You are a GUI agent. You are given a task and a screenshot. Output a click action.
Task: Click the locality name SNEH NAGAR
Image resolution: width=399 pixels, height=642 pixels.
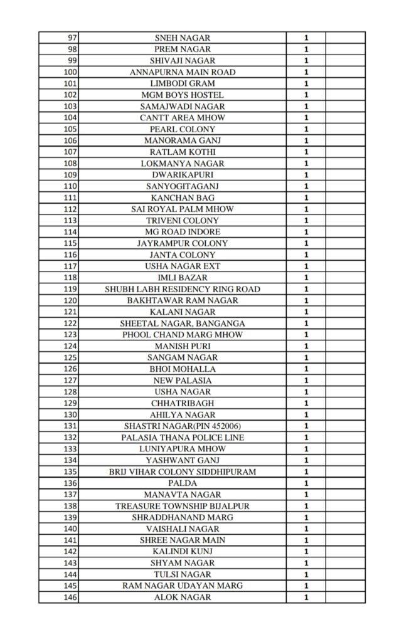(x=183, y=38)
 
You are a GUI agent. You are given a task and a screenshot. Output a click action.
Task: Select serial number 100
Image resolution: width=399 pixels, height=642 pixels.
(x=70, y=72)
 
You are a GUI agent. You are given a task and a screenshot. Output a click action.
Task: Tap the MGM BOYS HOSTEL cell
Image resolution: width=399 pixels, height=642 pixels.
(x=183, y=95)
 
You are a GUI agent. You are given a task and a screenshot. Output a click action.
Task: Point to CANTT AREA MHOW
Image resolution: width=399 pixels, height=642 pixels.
(x=183, y=118)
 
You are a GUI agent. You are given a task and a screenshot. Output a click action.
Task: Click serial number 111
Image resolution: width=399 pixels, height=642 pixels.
(x=70, y=197)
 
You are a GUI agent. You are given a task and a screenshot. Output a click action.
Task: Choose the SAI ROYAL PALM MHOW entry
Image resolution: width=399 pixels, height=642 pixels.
(x=183, y=209)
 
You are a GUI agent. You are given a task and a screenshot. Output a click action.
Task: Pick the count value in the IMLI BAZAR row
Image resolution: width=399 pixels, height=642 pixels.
(x=306, y=278)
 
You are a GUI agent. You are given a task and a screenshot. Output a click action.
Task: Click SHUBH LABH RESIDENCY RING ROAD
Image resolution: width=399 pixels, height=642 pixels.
(x=183, y=289)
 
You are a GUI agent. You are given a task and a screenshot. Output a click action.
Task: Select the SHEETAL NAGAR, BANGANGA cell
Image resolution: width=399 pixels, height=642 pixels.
(x=183, y=324)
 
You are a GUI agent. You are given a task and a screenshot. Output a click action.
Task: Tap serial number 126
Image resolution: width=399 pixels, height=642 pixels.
(x=70, y=369)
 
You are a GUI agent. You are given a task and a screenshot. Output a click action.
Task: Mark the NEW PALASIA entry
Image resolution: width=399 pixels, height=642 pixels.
(x=183, y=381)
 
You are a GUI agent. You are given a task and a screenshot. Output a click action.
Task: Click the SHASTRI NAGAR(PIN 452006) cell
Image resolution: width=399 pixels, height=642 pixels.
(x=183, y=426)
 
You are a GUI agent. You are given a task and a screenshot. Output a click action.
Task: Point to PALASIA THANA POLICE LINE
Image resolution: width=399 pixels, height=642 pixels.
(x=183, y=438)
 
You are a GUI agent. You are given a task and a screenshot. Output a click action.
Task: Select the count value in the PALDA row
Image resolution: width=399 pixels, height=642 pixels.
(x=306, y=483)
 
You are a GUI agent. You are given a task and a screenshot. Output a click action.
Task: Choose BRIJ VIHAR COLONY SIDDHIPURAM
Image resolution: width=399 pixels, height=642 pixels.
(x=183, y=472)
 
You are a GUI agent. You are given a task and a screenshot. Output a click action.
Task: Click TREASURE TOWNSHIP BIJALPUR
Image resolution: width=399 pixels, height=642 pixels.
(x=183, y=506)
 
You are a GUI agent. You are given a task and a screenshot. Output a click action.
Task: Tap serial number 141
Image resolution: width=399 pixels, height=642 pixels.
(x=70, y=540)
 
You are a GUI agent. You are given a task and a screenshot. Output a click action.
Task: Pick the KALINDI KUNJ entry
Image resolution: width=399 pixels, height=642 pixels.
(x=183, y=552)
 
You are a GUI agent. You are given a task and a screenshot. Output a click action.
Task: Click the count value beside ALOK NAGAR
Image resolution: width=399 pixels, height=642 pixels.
(x=306, y=597)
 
